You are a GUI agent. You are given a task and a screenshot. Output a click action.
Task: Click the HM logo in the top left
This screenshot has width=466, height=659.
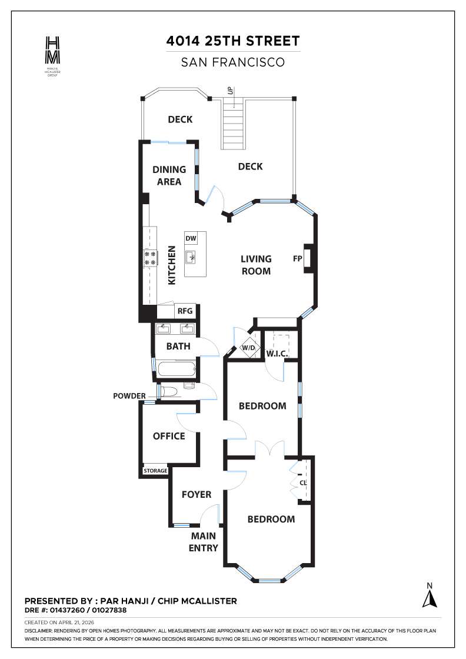52,50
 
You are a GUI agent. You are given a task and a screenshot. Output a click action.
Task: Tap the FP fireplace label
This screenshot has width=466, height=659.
297,258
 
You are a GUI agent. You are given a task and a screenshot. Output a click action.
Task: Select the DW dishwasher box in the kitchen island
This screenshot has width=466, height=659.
191,238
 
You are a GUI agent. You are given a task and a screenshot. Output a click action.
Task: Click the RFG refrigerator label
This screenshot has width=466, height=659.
185,311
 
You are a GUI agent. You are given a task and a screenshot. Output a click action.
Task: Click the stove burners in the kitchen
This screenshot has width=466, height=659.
151,258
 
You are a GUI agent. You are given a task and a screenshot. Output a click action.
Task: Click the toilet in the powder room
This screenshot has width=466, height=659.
171,392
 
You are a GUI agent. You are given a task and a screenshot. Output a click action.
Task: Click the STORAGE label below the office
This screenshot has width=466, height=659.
156,471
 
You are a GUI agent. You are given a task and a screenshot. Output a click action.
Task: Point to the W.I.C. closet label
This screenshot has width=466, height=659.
276,354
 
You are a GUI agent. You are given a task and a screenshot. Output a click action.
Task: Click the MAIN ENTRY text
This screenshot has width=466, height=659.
203,542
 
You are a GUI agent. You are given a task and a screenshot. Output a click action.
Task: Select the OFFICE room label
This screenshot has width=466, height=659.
169,436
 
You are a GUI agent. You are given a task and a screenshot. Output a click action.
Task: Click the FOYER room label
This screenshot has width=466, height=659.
196,494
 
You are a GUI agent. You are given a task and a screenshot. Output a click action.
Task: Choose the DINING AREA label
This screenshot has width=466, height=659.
169,175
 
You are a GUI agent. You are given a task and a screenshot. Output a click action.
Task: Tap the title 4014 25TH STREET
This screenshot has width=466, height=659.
233,41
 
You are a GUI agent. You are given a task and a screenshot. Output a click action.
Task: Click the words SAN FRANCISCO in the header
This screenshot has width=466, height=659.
233,61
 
